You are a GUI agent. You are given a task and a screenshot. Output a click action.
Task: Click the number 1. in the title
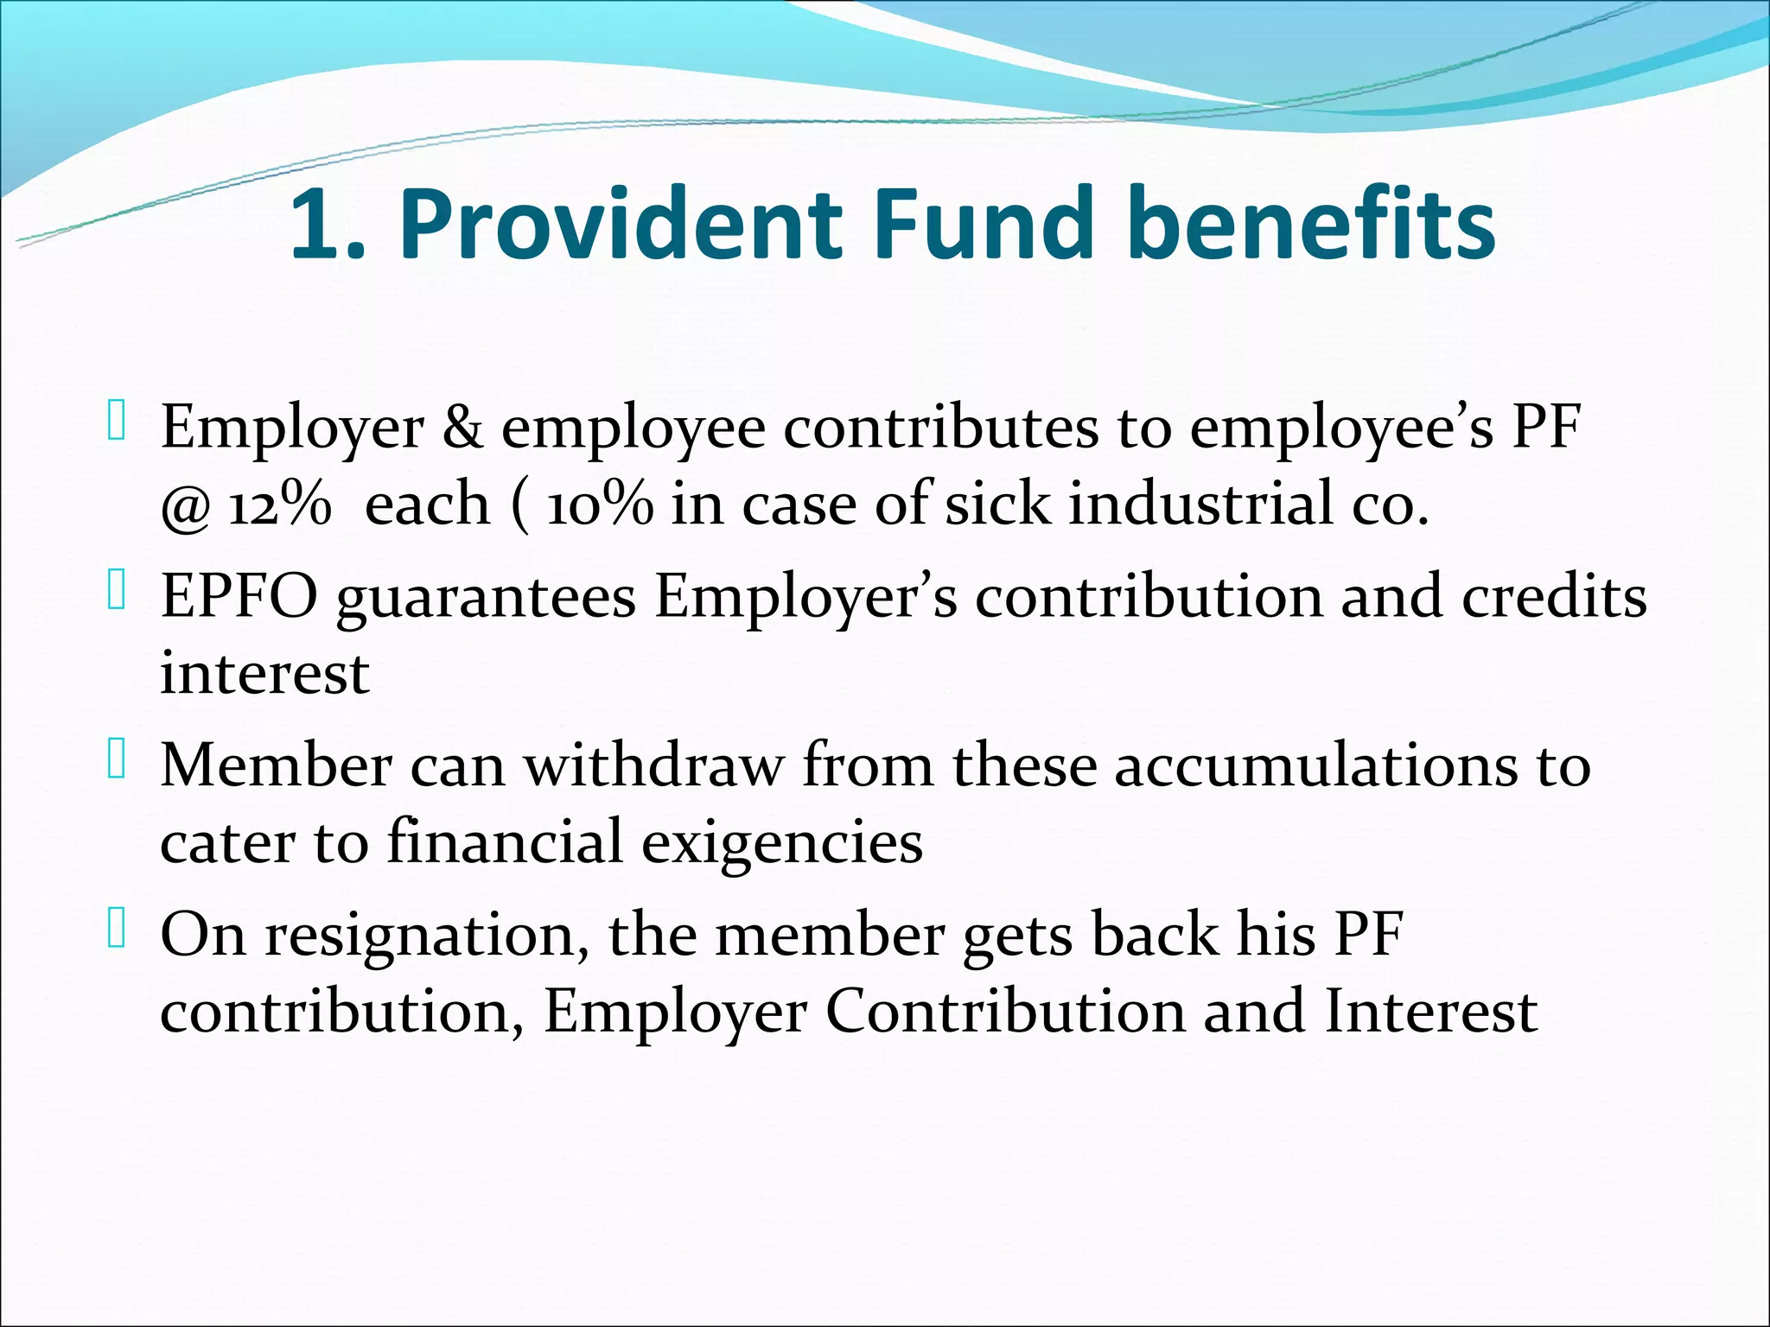coord(328,226)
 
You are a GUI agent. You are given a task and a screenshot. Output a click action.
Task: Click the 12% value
coord(279,505)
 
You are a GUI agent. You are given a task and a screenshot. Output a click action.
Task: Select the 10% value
coord(600,505)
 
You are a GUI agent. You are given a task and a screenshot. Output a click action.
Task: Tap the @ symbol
coord(185,508)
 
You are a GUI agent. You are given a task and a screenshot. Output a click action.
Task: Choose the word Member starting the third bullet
coord(276,765)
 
